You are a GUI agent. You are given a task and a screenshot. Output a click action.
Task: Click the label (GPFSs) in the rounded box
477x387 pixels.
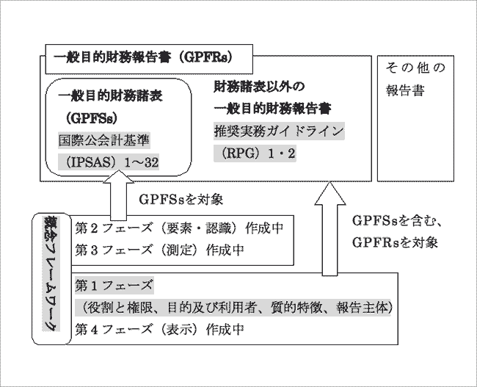tap(90, 117)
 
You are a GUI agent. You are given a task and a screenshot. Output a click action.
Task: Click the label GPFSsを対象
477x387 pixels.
tap(180, 199)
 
